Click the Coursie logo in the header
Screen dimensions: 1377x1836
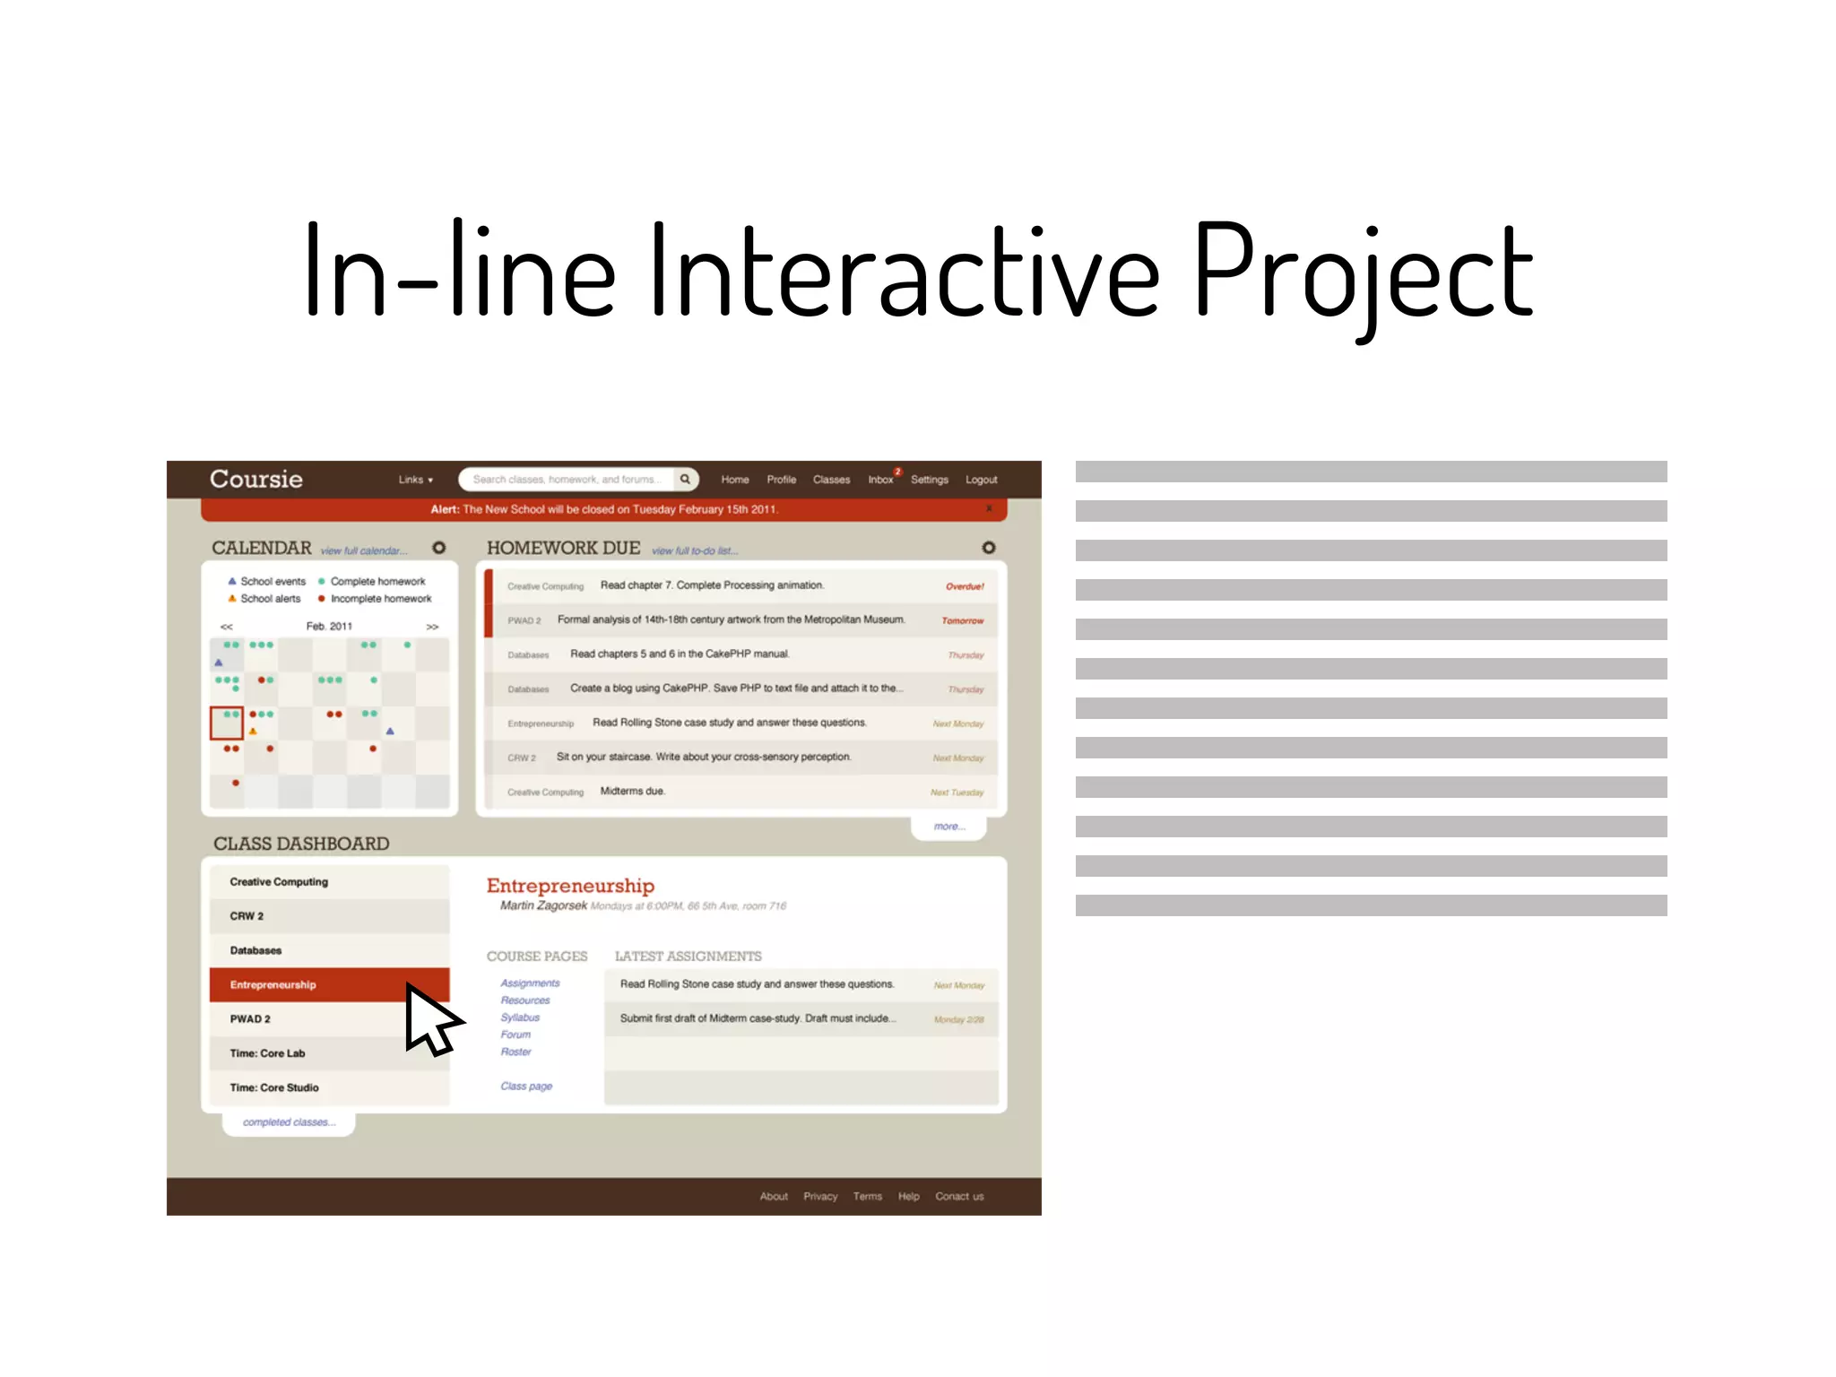(255, 479)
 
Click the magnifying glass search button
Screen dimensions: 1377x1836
(685, 480)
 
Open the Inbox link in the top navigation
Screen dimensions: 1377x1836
(880, 480)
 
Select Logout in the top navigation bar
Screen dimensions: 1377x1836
(981, 480)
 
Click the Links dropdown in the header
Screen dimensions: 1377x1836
(415, 480)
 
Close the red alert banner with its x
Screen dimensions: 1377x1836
(989, 509)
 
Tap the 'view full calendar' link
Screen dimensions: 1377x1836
(363, 550)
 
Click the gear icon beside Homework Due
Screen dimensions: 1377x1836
(988, 548)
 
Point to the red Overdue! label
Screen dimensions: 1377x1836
(965, 586)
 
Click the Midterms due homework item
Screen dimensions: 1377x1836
(632, 792)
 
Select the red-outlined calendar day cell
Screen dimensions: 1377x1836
(227, 723)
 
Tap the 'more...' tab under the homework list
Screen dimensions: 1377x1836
(948, 827)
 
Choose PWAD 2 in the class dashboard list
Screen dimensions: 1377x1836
(250, 1019)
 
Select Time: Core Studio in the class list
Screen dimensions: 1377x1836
(274, 1087)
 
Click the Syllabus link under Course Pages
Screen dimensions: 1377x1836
(520, 1018)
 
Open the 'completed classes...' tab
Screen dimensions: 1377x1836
(289, 1122)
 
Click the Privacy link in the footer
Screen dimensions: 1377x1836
(820, 1197)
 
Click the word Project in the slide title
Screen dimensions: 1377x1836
(1363, 273)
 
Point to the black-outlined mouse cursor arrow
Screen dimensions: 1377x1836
(429, 1019)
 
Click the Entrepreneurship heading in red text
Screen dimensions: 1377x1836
(570, 886)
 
